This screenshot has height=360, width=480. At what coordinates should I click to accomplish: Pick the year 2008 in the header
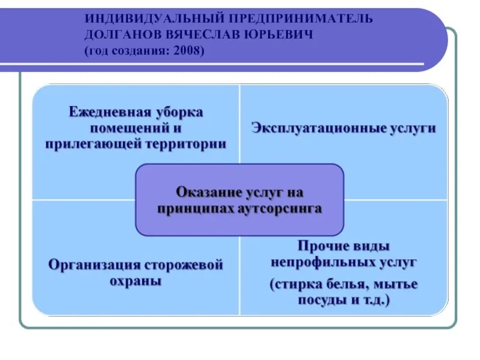click(187, 51)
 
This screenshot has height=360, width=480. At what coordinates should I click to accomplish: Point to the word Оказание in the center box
click(208, 193)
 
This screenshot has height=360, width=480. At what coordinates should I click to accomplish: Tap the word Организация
click(95, 265)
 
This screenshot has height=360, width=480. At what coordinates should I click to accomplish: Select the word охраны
click(136, 281)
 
